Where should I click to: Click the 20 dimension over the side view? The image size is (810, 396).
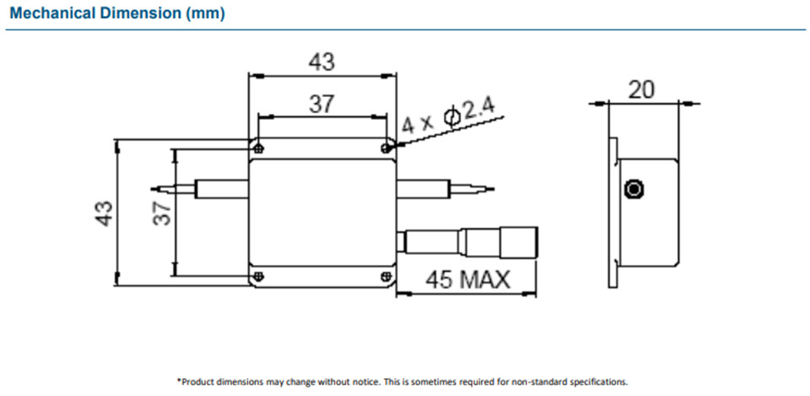pos(642,90)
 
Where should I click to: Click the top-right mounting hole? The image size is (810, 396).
pos(386,148)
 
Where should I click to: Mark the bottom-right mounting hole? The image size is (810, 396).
pos(386,275)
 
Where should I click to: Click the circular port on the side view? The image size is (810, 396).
pos(632,188)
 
